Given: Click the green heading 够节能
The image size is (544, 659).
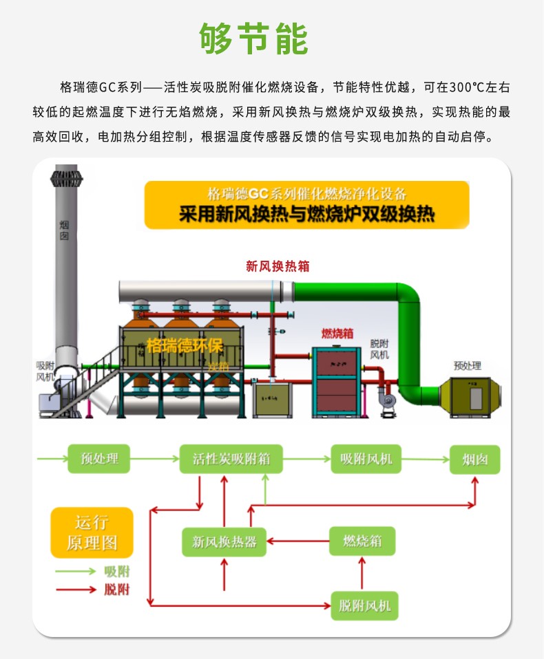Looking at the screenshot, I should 253,39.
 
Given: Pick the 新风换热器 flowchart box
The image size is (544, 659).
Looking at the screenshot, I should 224,542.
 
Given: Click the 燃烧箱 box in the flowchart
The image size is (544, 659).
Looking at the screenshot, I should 363,541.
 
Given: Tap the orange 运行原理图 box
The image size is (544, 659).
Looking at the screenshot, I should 92,532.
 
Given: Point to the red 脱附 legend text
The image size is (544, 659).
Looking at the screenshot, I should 117,590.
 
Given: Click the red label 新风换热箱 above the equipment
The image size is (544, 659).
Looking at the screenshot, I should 278,267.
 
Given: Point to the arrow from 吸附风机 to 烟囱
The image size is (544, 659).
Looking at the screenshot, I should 425,459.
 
